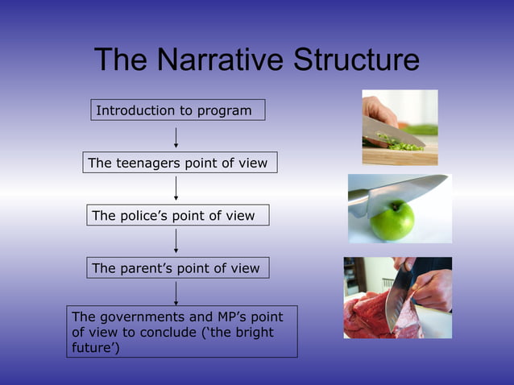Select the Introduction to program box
177,110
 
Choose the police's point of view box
177,215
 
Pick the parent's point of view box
177,268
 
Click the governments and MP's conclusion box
182,331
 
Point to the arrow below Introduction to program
176,135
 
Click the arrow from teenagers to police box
176,188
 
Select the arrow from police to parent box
176,241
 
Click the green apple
393,221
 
